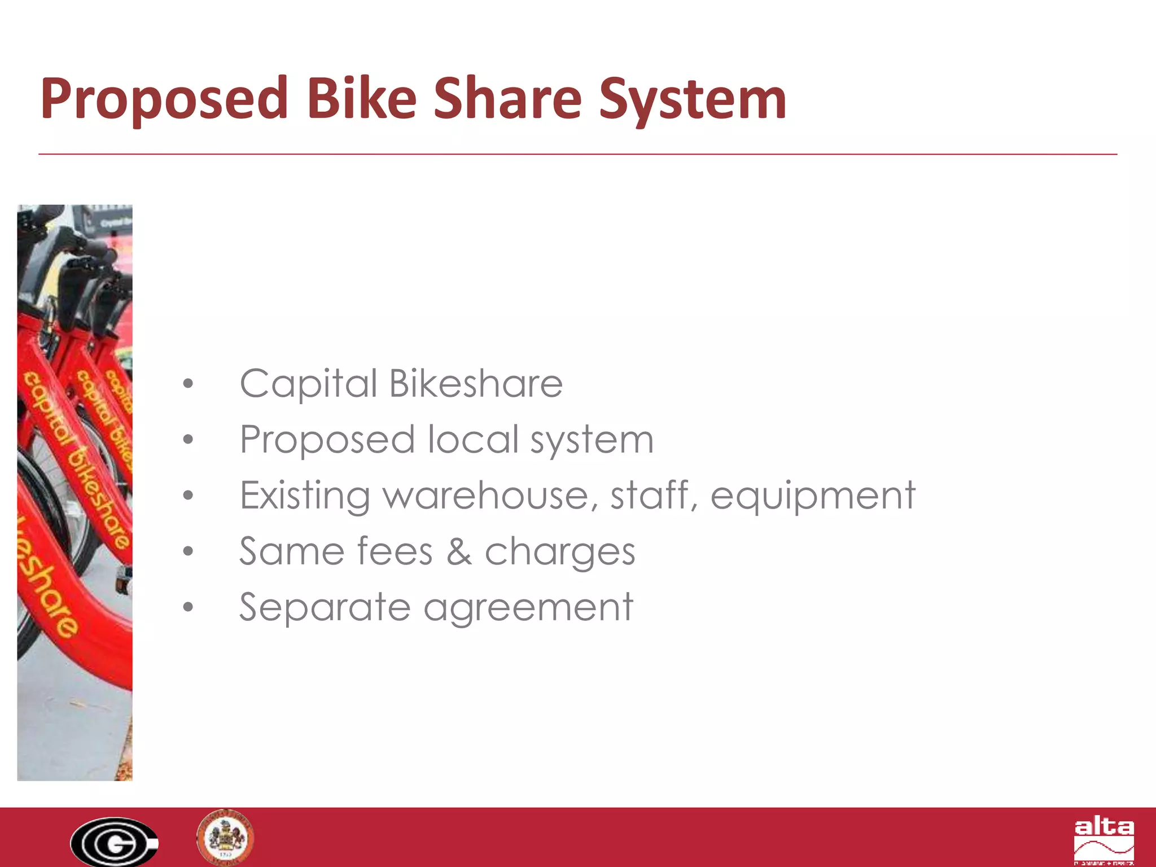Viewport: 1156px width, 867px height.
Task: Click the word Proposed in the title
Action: coord(164,99)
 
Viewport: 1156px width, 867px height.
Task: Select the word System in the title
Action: coord(693,100)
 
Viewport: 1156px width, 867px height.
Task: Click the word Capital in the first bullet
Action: coord(308,384)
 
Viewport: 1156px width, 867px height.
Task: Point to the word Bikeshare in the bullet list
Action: coord(476,383)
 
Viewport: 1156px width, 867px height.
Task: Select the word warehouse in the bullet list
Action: coord(489,495)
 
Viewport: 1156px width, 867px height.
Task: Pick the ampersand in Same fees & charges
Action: coord(459,551)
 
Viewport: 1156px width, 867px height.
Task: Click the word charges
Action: coord(559,553)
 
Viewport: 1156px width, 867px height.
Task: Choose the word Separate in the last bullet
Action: coord(325,607)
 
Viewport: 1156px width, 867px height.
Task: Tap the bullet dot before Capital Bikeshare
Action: coord(188,384)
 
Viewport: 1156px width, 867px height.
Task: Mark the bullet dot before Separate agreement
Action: coord(188,607)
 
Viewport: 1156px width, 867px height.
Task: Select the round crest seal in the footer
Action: coord(225,837)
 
